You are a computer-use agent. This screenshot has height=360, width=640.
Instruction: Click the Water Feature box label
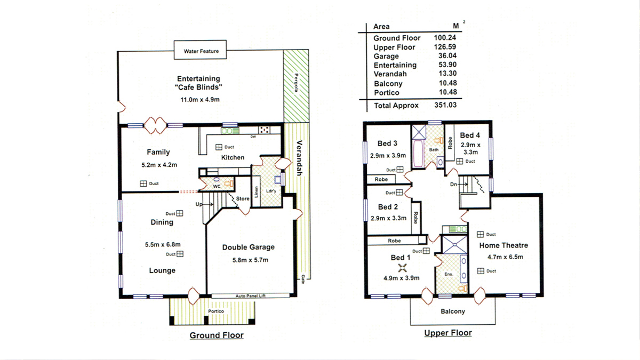click(x=201, y=51)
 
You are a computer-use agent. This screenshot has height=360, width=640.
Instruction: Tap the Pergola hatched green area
click(x=297, y=86)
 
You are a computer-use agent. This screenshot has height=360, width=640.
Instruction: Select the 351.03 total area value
click(x=445, y=105)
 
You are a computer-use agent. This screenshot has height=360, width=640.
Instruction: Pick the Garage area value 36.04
click(x=447, y=55)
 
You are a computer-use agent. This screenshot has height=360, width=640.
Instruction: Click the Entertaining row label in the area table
click(x=395, y=65)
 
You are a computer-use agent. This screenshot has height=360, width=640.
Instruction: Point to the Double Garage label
click(x=249, y=247)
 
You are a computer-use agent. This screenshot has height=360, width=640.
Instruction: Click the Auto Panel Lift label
click(x=251, y=296)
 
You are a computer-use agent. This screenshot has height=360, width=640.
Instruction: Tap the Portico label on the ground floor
click(x=216, y=311)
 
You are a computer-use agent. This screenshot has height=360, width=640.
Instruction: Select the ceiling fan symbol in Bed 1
click(x=402, y=268)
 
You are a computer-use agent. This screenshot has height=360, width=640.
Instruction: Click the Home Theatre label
click(x=503, y=245)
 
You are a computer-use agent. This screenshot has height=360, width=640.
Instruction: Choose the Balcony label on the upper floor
click(x=453, y=311)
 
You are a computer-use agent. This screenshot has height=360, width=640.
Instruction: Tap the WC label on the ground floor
click(x=217, y=187)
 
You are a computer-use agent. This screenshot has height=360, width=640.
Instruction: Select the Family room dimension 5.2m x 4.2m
click(x=159, y=165)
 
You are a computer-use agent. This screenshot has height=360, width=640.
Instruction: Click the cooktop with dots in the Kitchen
click(x=264, y=130)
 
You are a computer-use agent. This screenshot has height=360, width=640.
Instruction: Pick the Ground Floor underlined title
click(x=217, y=335)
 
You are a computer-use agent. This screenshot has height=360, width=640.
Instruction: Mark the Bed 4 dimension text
click(x=470, y=149)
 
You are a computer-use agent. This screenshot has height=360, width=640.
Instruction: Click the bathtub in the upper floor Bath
click(x=418, y=154)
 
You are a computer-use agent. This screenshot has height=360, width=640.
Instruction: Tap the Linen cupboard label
click(x=257, y=192)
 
